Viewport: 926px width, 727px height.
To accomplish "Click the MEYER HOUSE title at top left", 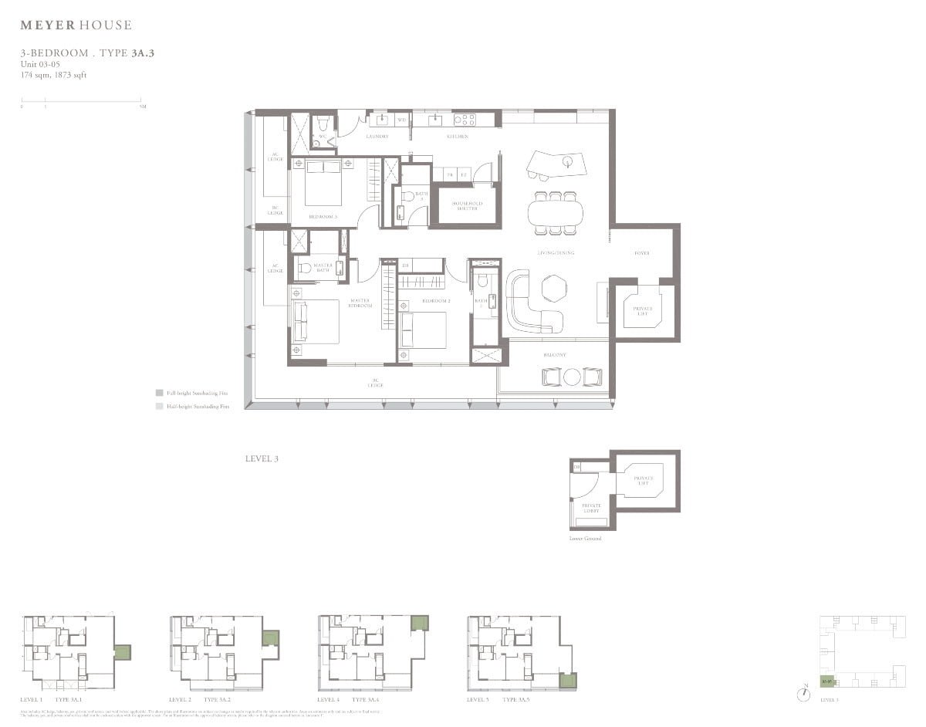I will pos(76,25).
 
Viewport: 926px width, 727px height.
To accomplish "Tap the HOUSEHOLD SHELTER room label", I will pos(467,206).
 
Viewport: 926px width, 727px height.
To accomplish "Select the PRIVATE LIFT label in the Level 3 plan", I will pos(642,311).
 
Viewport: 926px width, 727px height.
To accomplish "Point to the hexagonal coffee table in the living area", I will pos(553,289).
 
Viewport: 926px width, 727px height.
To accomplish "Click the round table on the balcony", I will pos(572,377).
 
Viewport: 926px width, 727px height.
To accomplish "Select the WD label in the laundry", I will pos(401,120).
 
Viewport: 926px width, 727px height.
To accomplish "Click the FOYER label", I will pos(642,253).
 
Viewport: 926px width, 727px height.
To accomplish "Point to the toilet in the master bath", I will pos(306,268).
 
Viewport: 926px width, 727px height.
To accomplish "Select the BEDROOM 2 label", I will pos(436,300).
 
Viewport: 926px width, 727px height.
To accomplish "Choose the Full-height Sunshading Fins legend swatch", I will pos(159,393).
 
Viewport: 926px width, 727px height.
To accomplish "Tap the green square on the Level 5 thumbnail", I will pos(567,681).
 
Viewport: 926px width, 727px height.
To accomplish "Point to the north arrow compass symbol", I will pos(805,693).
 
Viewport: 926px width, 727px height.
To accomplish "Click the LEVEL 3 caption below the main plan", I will pos(261,458).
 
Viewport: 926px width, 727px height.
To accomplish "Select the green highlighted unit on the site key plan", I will pos(826,681).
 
